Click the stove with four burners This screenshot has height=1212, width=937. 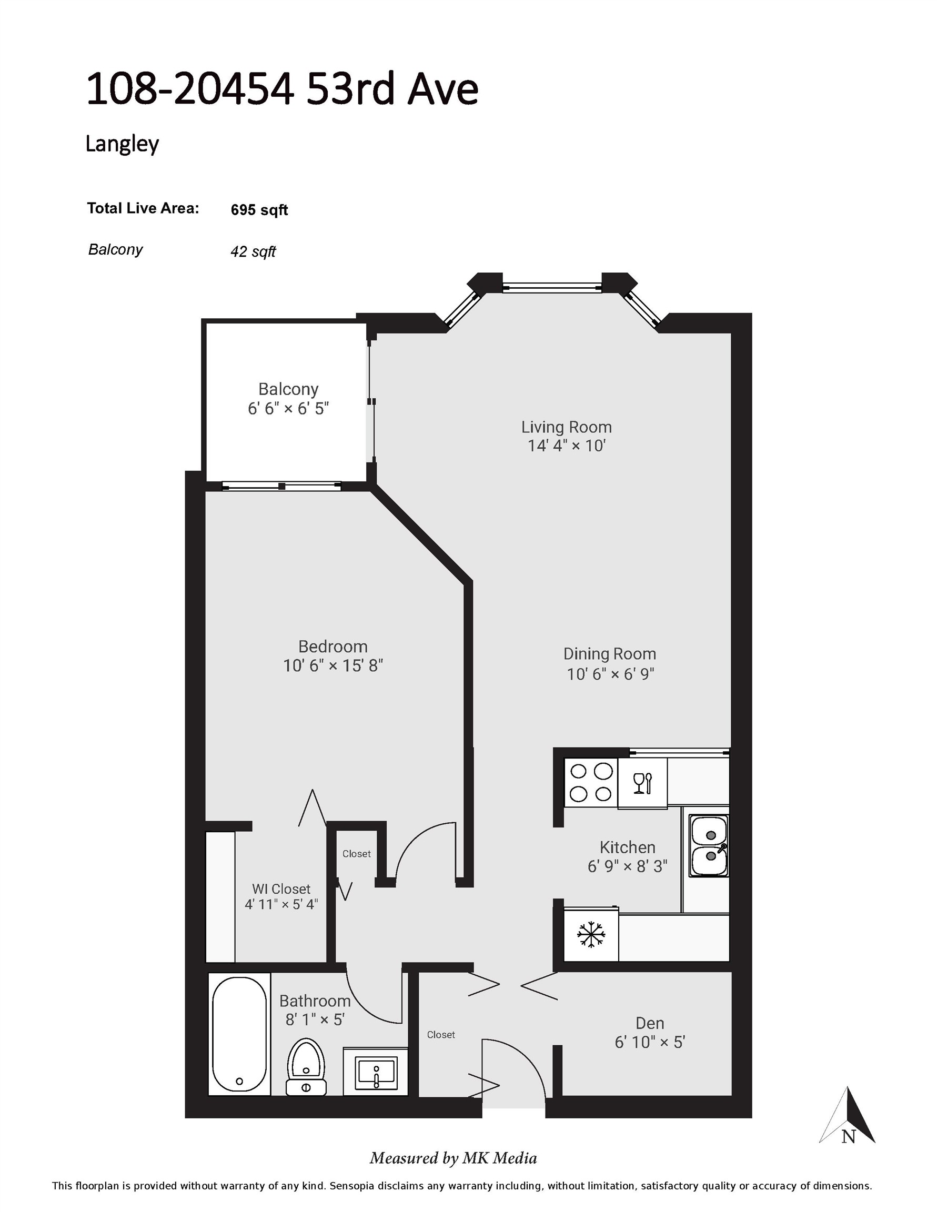pos(591,782)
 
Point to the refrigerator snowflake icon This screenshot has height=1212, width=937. pos(591,935)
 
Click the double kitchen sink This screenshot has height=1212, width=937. pos(709,846)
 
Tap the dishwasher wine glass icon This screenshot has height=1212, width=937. pos(642,783)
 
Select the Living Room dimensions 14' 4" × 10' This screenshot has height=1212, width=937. pos(566,446)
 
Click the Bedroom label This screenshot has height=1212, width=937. pos(333,647)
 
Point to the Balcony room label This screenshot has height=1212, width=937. pos(288,389)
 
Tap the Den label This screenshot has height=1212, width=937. pos(649,1023)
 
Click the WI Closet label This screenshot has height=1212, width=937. pos(281,888)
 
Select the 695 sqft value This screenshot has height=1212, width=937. pos(259,210)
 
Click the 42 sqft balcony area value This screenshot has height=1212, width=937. pos(253,251)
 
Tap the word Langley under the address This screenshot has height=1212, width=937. pos(122,144)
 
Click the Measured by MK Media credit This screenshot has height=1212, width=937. pos(453,1158)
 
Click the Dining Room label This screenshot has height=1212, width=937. pos(609,654)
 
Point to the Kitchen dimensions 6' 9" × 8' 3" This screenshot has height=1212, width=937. pos(627,866)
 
